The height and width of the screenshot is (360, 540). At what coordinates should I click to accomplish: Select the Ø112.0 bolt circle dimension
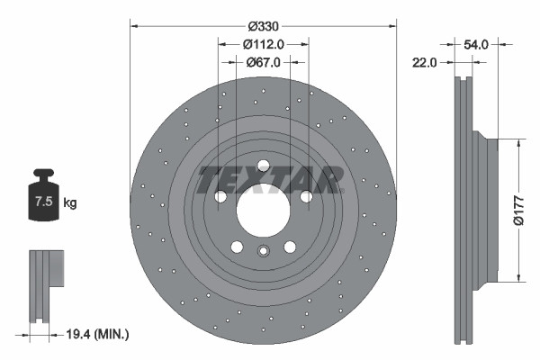[263, 44]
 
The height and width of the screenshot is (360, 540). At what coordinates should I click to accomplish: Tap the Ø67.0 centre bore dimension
[263, 62]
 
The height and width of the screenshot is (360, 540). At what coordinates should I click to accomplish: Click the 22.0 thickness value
[426, 62]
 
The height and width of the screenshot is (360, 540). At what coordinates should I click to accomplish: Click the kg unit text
[69, 203]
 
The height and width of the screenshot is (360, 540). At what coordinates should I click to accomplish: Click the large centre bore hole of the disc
[262, 208]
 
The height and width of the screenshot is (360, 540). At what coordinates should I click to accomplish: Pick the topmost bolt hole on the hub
[262, 166]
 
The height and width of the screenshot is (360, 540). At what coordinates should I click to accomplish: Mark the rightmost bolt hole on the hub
[306, 196]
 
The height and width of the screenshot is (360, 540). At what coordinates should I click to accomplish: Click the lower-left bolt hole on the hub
[236, 247]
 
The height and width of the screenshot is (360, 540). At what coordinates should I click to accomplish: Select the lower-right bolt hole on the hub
[290, 247]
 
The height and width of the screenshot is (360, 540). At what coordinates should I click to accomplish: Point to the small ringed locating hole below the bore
[263, 252]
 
